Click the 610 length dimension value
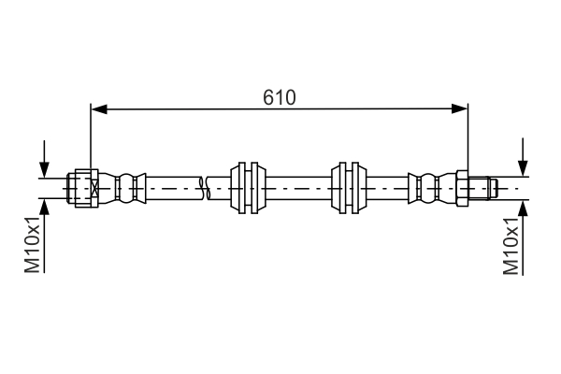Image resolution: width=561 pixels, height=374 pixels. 279,96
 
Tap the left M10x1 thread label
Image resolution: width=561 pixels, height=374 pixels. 33,245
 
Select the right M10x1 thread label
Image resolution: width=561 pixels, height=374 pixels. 511,246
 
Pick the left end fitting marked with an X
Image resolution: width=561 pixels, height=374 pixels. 82,187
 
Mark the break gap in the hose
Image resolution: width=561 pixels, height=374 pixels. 205,187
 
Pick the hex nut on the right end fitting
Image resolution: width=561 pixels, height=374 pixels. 462,187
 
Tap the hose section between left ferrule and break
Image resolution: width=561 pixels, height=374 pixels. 173,187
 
